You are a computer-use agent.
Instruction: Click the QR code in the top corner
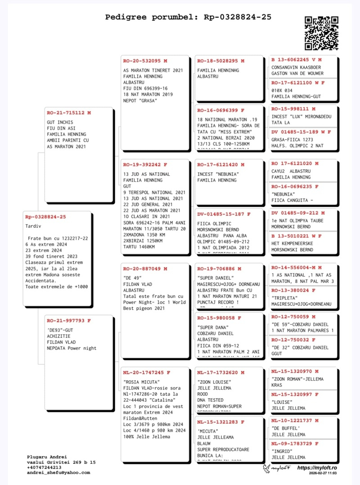coord(321,33)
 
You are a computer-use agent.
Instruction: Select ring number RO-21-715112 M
coord(68,113)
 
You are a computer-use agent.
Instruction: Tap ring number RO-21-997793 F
coord(68,321)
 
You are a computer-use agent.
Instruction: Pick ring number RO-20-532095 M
coord(145,61)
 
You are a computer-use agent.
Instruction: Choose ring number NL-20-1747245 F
coord(147,373)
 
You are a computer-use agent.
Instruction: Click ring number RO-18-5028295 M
coord(220,61)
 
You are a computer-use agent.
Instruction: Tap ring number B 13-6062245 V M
coord(297,59)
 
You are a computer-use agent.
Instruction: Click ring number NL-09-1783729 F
coord(295,444)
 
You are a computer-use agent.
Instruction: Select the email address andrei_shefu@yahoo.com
coord(58,473)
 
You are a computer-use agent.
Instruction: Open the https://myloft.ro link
coord(317,468)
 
